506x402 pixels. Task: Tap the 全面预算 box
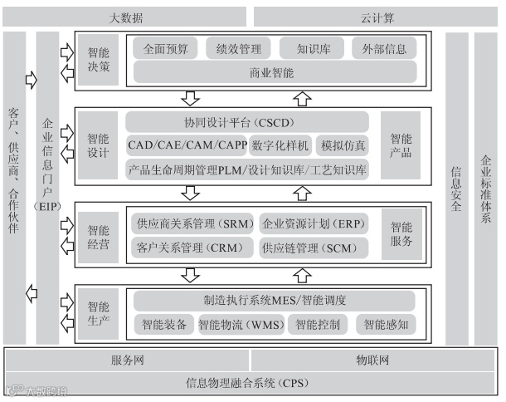(x=165, y=48)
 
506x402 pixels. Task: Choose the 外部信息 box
(x=384, y=48)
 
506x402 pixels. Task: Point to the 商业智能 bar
(x=272, y=72)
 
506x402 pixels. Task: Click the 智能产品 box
(x=401, y=145)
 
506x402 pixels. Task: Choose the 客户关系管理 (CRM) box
(x=189, y=248)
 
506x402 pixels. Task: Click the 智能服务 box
(x=401, y=234)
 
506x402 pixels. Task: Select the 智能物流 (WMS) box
(x=241, y=324)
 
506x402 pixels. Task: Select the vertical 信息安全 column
(x=456, y=189)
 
